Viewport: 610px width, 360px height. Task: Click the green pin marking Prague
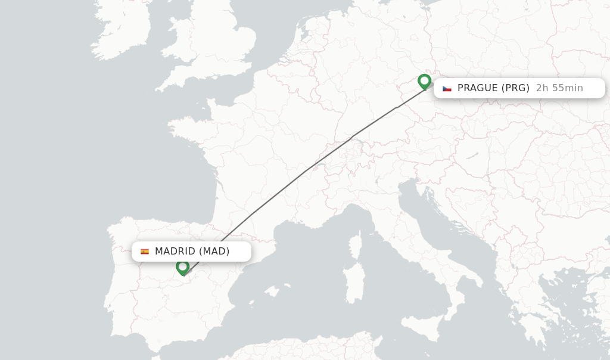424,81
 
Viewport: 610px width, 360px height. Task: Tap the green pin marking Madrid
183,267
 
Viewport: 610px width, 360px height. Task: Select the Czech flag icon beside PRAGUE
447,88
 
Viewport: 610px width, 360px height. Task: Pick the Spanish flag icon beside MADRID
145,252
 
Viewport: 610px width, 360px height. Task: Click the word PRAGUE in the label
477,88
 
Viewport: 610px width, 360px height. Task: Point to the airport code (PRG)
515,88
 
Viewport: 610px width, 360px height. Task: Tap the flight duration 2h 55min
559,88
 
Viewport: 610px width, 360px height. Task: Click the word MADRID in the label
175,252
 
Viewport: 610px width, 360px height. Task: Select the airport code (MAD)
214,252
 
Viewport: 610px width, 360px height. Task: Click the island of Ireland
122,30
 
